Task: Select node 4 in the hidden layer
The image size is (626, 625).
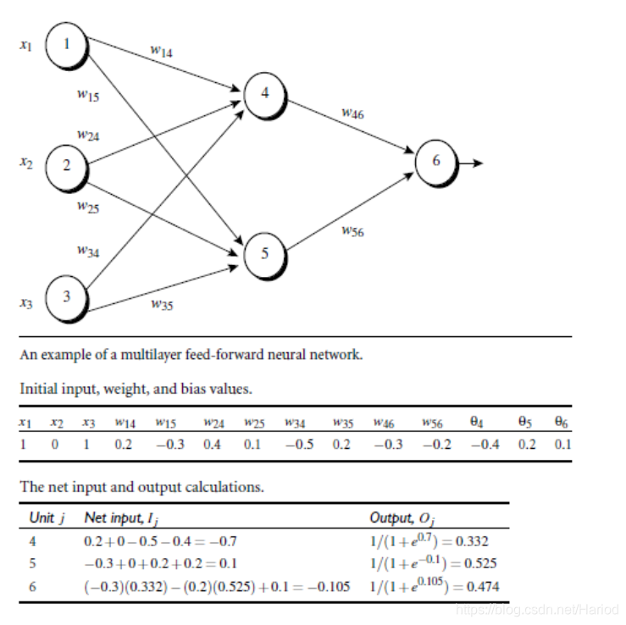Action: [x=265, y=94]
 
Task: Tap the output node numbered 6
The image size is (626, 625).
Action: [x=435, y=162]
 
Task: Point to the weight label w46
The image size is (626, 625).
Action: [x=352, y=113]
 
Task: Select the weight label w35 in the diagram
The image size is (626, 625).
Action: [x=162, y=305]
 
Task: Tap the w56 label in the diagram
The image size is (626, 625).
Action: [x=352, y=231]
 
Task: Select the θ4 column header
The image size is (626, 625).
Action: [x=475, y=421]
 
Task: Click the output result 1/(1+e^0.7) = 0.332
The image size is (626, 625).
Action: [x=429, y=540]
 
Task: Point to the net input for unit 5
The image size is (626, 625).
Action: [x=160, y=563]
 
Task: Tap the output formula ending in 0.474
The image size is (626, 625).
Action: [x=433, y=586]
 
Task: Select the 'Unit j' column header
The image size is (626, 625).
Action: [x=47, y=517]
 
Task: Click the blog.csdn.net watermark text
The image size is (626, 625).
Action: [x=536, y=609]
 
